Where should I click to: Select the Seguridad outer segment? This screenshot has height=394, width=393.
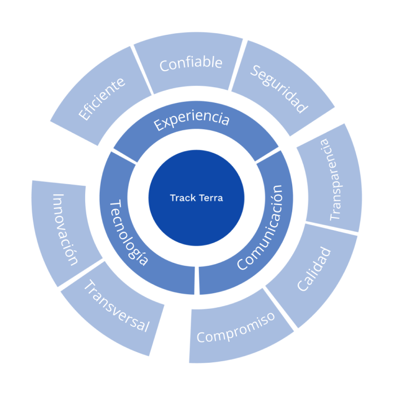tap(280, 89)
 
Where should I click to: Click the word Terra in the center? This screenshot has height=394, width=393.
tap(211, 198)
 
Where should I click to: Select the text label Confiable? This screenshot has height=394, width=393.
tap(190, 64)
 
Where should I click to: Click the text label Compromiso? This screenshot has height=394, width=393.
tap(236, 328)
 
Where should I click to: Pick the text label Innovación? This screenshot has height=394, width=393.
tap(66, 229)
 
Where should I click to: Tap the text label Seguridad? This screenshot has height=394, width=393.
tap(279, 89)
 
